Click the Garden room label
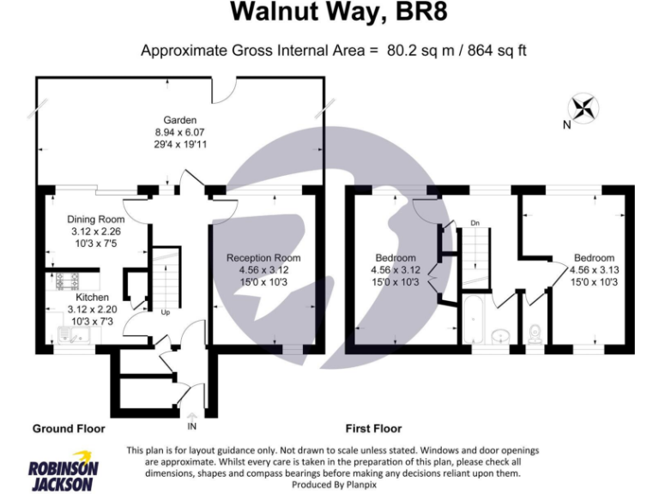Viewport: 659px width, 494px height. coord(180,120)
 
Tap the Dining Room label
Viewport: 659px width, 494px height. coord(96,220)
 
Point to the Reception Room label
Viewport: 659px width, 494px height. coord(263,258)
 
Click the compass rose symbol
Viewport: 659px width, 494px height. coord(584,108)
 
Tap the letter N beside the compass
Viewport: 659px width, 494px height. coord(566,125)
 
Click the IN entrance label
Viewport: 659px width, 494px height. coord(191,425)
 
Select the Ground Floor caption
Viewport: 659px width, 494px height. coord(69,428)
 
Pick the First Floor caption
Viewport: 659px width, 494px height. coord(373,428)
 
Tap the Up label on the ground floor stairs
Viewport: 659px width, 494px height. coord(165,312)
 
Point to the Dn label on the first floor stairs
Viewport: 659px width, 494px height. coord(474,225)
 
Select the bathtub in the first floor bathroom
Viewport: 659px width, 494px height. coord(475,322)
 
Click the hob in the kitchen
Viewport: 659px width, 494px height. coord(64,280)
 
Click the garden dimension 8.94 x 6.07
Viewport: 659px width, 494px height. coord(180,132)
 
